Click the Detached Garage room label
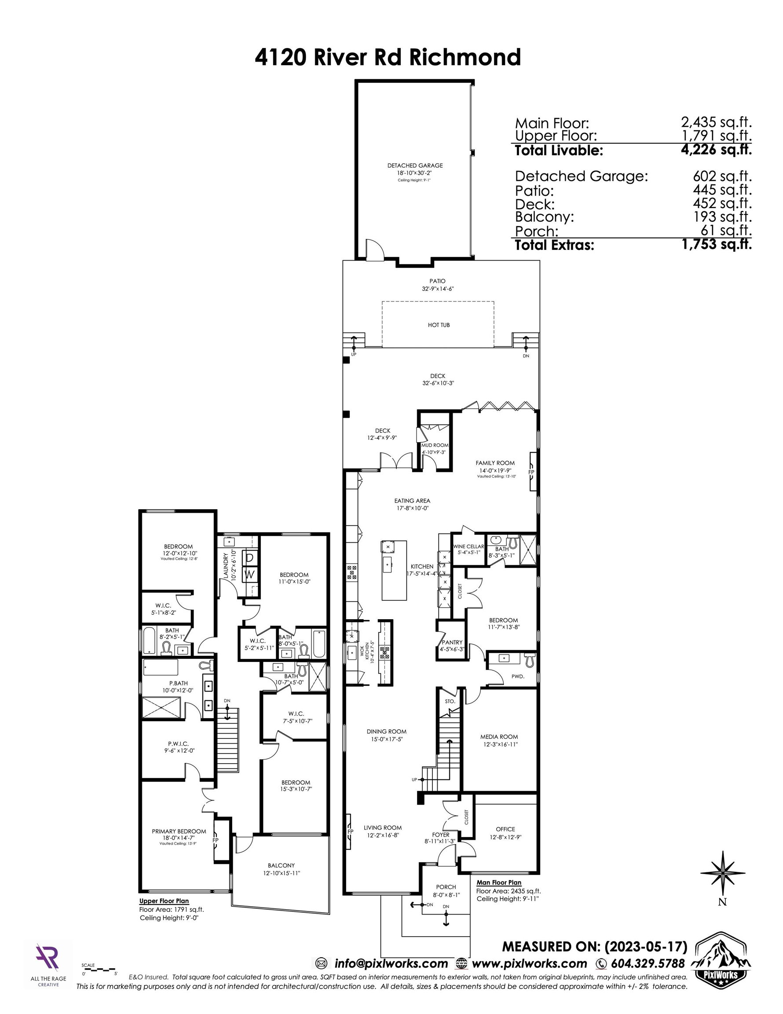tap(415, 165)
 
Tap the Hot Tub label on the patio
tap(439, 325)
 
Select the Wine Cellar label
tap(468, 547)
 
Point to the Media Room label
tap(499, 737)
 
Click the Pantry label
tap(452, 643)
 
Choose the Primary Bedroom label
tap(179, 831)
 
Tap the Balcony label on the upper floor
tap(281, 865)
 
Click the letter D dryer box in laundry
tap(250, 558)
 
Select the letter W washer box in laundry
tap(250, 575)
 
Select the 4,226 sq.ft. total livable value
tap(716, 150)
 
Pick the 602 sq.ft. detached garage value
tap(722, 176)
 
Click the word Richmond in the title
tap(465, 58)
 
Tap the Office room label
tap(505, 829)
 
